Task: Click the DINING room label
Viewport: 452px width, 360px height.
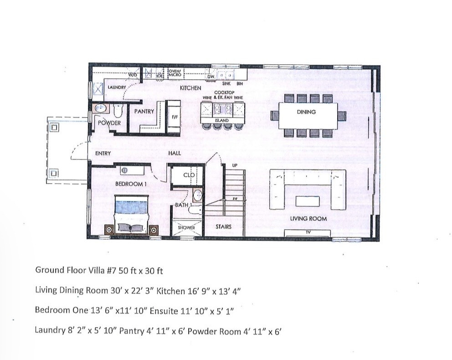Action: tap(306, 112)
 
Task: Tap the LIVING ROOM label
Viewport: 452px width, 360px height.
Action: tap(308, 219)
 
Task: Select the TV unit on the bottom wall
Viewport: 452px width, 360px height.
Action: tap(307, 233)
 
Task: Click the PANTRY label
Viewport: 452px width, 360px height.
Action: tap(144, 111)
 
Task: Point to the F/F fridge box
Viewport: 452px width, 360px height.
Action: tap(174, 117)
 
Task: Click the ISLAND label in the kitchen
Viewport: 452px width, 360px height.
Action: tap(222, 120)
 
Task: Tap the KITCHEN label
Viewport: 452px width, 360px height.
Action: tap(190, 87)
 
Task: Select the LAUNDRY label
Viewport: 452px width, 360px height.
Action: tap(117, 87)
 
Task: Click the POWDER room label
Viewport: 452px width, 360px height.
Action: tap(110, 123)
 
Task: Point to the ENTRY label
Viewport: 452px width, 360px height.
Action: tap(103, 154)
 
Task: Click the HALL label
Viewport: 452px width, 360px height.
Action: tap(175, 154)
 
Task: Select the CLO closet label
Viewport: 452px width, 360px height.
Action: tap(189, 175)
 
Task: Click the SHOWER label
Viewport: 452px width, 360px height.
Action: tap(186, 227)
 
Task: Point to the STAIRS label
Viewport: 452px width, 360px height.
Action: tap(223, 226)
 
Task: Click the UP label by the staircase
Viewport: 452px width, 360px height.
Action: tap(235, 165)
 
